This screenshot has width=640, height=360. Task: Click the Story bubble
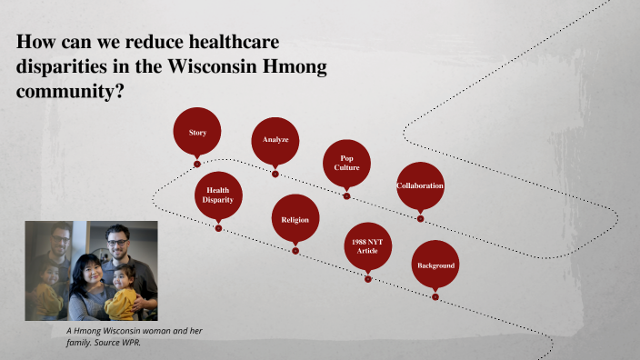coord(197,133)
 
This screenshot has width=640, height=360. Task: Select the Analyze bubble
coord(275,140)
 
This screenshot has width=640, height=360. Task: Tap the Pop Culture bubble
coord(346,163)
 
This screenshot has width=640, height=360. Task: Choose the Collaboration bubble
coord(420,185)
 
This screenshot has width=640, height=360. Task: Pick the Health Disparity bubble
coord(218,195)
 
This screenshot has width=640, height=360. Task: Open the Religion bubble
coord(295,220)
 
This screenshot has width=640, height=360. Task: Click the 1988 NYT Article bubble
coord(367,245)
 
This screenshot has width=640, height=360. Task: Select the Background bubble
coord(435,265)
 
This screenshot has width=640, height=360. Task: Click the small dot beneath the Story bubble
coord(197,165)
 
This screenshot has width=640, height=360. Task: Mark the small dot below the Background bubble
coord(435,296)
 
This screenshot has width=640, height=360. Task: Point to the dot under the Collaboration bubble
coord(420,218)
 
